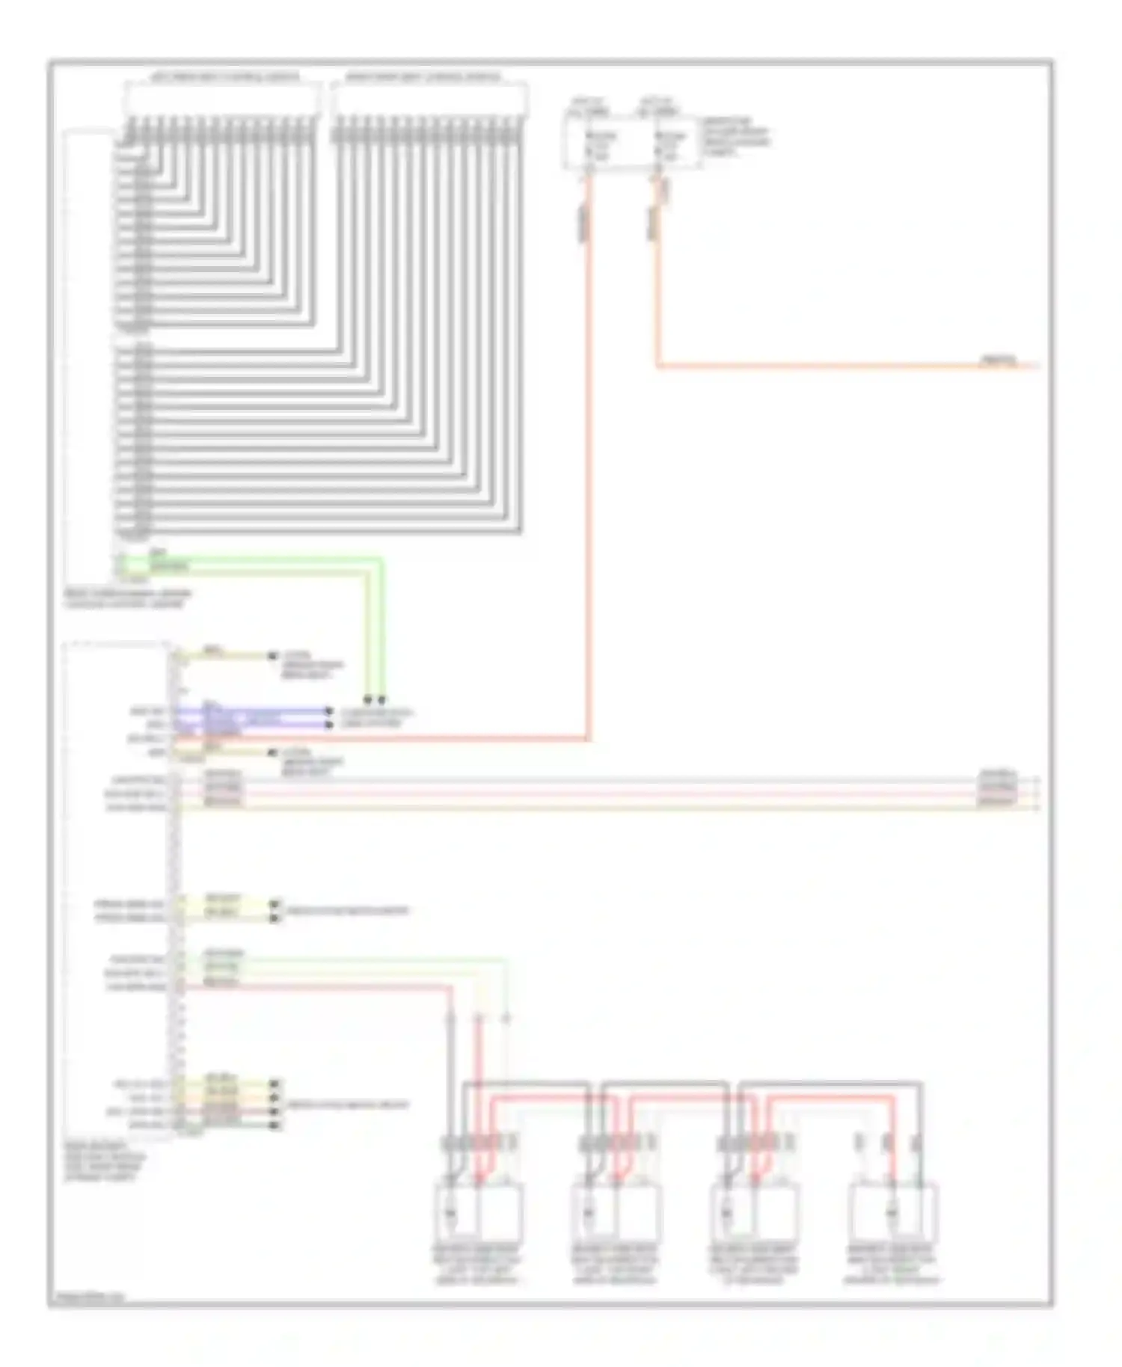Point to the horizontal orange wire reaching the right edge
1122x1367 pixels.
[x=823, y=366]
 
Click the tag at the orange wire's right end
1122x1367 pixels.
[x=999, y=361]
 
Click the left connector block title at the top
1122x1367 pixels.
[x=224, y=77]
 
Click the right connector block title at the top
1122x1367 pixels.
[x=423, y=77]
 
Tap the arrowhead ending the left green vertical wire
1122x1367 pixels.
[x=367, y=700]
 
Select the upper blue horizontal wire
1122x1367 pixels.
[x=254, y=710]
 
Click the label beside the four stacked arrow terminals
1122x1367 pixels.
[x=348, y=1105]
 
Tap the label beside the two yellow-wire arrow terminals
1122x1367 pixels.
[x=348, y=911]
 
